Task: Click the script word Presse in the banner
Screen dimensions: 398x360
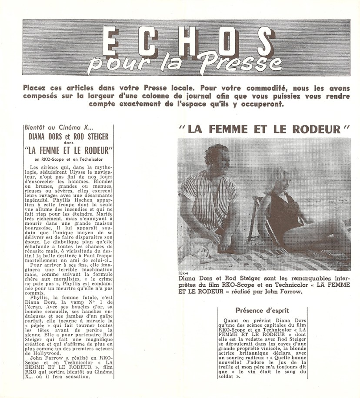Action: click(240, 62)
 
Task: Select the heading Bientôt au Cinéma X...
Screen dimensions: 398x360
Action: click(59, 128)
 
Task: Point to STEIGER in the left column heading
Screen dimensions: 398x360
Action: click(94, 137)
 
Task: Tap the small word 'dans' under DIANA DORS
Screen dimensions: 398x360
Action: click(69, 143)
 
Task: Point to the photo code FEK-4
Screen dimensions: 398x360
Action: click(184, 272)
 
